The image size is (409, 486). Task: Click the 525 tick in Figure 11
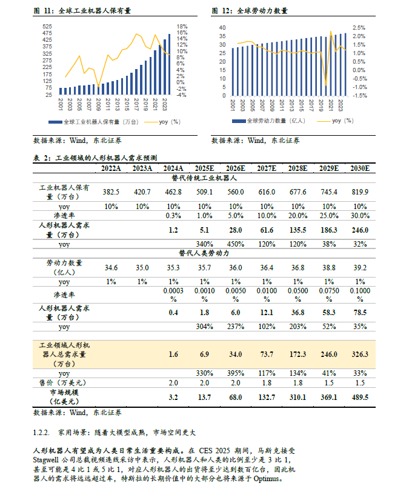pyautogui.click(x=46, y=27)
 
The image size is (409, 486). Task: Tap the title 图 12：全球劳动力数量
pyautogui.click(x=250, y=11)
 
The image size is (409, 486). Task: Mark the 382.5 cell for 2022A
pyautogui.click(x=111, y=192)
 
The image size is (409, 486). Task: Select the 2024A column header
pyautogui.click(x=173, y=168)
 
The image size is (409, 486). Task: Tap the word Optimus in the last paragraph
pyautogui.click(x=265, y=479)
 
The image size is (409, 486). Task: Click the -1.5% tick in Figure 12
pyautogui.click(x=360, y=95)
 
